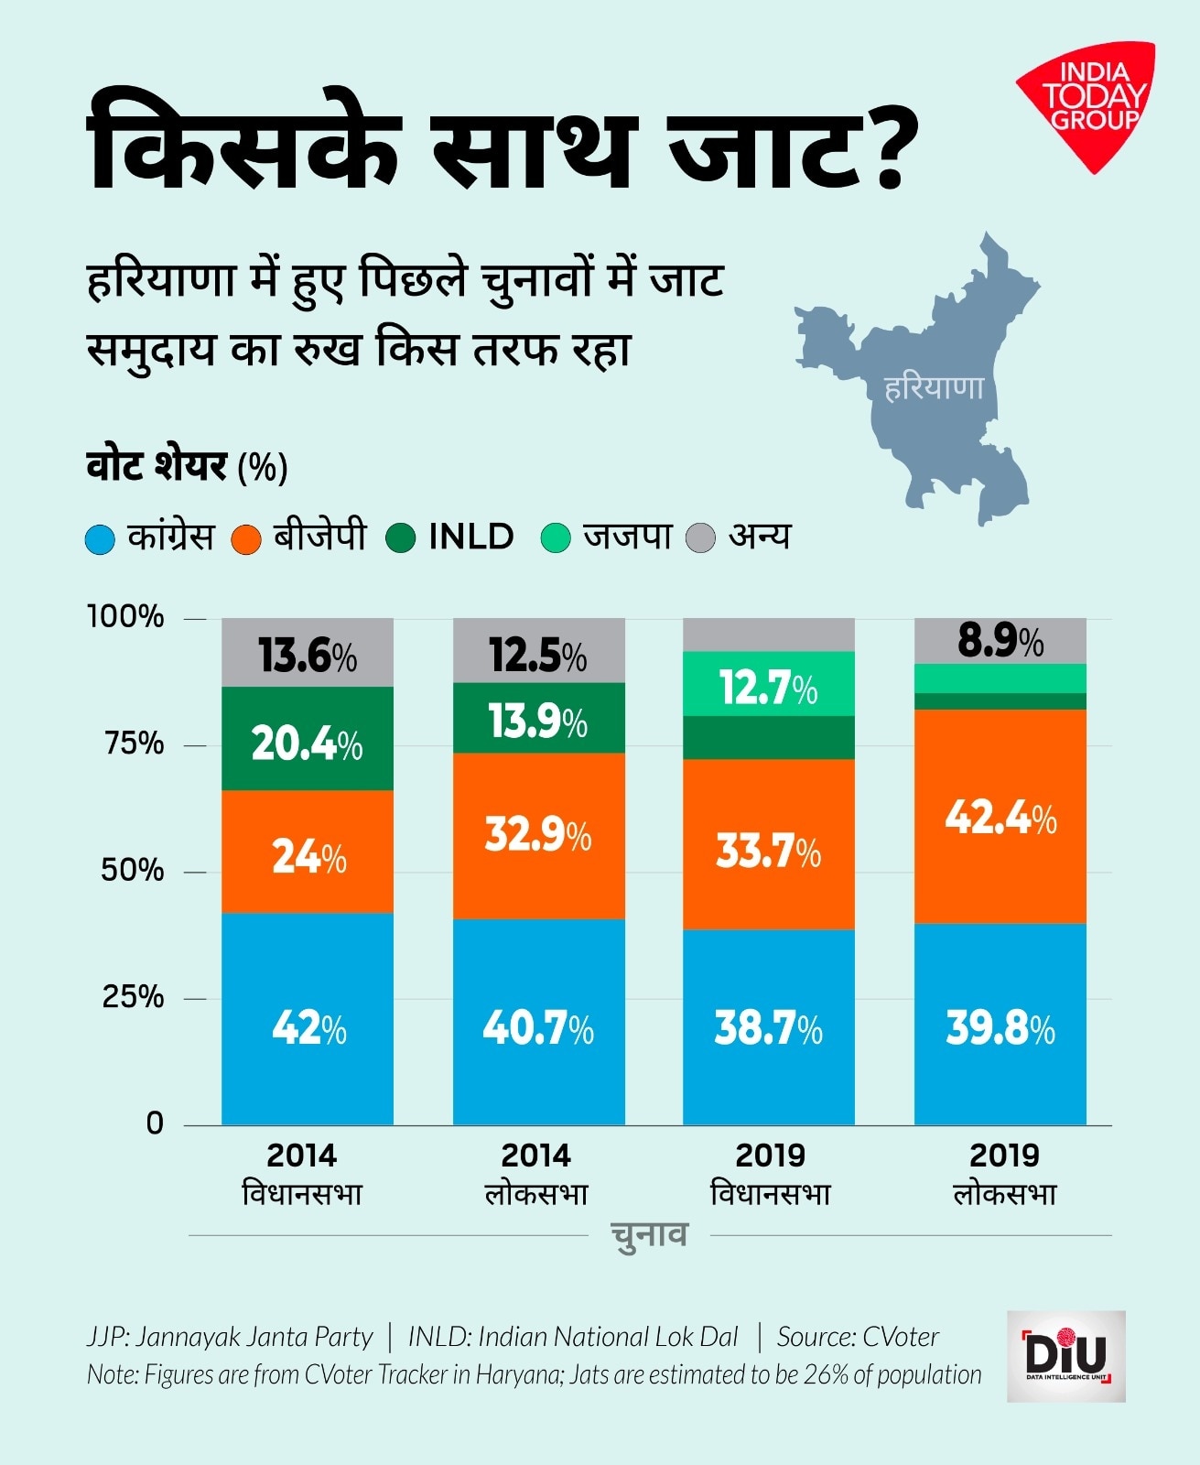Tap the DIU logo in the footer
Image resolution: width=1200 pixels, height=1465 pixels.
tap(1065, 1356)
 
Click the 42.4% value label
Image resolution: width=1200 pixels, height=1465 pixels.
tap(1000, 817)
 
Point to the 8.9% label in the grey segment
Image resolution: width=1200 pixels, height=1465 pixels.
tap(1000, 641)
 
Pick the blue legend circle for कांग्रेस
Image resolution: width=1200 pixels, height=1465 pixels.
tap(100, 538)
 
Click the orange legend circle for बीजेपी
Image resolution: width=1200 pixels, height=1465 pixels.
tap(247, 538)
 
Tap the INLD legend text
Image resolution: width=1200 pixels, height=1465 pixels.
tap(470, 537)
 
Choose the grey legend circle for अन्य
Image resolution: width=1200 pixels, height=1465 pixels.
tap(700, 537)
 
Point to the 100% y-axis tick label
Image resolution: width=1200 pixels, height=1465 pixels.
tap(125, 616)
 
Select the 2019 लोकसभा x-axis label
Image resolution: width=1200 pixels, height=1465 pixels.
tap(1004, 1174)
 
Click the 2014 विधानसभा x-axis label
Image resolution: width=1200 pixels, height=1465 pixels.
tap(302, 1174)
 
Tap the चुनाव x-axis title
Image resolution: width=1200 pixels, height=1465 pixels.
tap(648, 1234)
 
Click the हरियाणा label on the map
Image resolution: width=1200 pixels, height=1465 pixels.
tap(934, 387)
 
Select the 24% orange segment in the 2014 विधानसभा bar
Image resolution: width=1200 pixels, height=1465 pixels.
tap(308, 857)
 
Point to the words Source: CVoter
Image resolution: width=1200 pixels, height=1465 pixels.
tap(858, 1337)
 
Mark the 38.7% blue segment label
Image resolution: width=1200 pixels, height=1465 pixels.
tap(768, 1027)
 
